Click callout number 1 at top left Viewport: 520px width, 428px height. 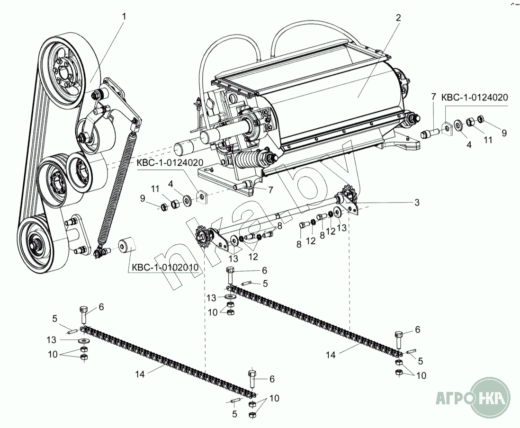tap(124, 16)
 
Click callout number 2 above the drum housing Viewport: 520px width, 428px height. tap(398, 18)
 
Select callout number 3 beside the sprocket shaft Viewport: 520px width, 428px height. tap(417, 202)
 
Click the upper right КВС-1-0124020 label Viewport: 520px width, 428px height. tap(475, 98)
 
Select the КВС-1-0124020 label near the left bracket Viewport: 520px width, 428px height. tap(170, 162)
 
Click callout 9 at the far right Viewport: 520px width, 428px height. tap(504, 133)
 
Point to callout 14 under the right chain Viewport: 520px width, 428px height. tap(332, 354)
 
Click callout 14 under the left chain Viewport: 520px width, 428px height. tap(139, 374)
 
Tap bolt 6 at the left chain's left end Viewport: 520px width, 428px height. tap(83, 314)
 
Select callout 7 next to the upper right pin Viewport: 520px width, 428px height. tap(433, 97)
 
